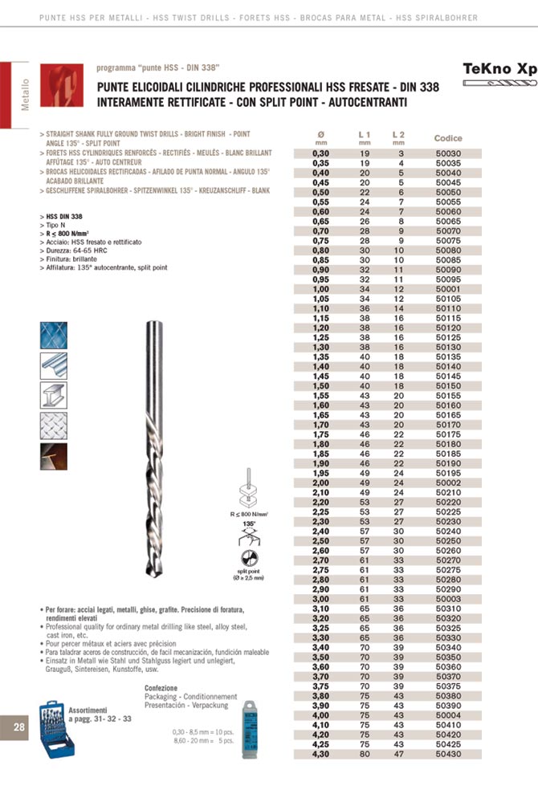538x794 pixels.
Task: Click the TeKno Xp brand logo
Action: coord(499,69)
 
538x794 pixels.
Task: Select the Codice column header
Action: coord(448,138)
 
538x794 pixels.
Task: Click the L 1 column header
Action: coord(364,135)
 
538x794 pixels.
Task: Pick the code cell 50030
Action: coord(448,153)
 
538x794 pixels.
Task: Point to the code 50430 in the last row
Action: coord(448,755)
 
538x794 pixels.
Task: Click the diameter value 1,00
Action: coord(320,289)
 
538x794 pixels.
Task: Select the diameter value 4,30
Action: coord(320,755)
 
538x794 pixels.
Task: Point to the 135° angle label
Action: coord(249,523)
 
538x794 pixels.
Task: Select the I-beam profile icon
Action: coord(54,395)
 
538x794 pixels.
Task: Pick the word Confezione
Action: coord(161,688)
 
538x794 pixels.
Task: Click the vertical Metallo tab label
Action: coord(26,95)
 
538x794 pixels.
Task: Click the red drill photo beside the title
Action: coord(61,86)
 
